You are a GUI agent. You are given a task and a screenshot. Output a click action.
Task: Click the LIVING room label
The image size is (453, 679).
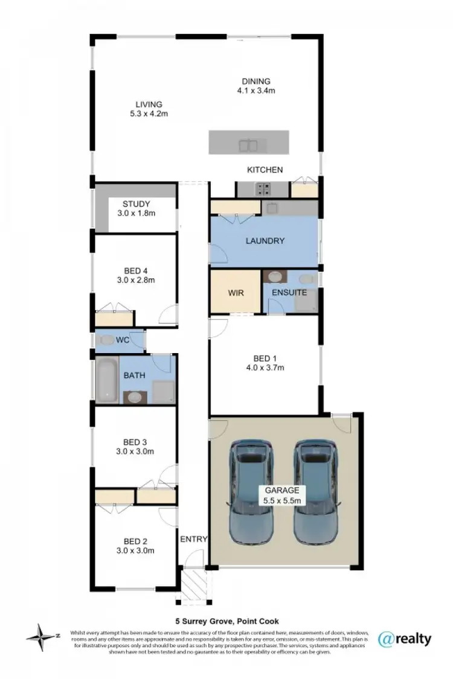pos(149,104)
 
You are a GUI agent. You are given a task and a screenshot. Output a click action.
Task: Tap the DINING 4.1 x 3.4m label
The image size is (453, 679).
pos(256,82)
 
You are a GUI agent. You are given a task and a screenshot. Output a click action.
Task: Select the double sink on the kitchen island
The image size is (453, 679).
pos(249,145)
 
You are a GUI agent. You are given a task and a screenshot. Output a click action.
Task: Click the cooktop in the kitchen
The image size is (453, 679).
pos(263,190)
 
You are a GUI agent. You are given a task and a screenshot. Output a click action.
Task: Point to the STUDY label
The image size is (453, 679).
pos(136,204)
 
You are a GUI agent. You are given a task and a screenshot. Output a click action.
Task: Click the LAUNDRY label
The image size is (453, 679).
pos(265,240)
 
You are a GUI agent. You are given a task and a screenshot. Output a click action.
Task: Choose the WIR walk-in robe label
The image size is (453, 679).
pos(236,293)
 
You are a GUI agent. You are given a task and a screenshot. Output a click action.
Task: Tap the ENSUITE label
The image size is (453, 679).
pos(289,293)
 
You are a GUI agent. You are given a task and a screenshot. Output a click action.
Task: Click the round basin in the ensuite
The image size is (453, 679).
pos(275,277)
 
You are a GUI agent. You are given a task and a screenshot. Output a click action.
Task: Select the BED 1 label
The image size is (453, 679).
pos(265,357)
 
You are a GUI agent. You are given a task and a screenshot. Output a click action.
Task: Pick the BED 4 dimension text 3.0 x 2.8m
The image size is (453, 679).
pos(136,280)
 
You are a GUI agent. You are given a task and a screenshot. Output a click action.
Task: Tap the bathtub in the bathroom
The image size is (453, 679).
pos(107,379)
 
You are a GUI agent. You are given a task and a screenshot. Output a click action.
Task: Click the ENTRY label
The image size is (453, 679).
pos(194,539)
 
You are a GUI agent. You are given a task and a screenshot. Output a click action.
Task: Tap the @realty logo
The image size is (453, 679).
pos(404,639)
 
